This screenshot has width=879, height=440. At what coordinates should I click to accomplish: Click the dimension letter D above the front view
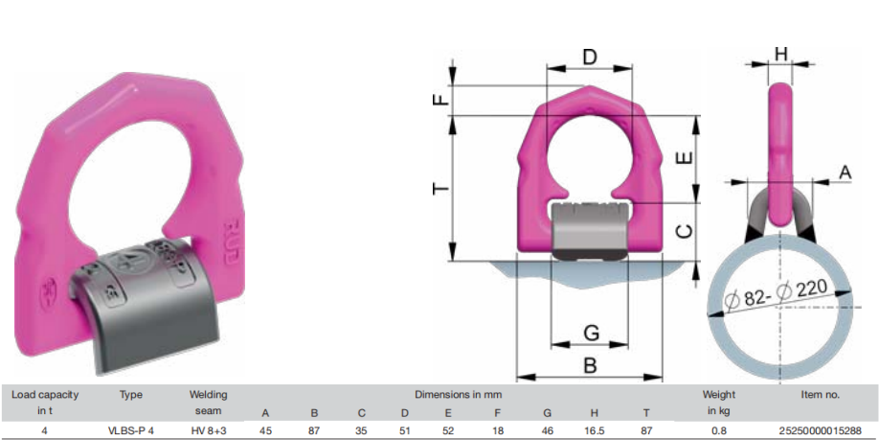(x=590, y=57)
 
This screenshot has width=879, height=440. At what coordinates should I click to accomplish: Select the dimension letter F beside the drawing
(x=441, y=100)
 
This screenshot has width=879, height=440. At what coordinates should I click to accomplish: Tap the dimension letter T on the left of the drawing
(x=441, y=188)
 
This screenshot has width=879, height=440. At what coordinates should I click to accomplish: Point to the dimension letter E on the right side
(x=686, y=159)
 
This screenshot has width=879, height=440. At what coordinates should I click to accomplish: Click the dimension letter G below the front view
(x=592, y=333)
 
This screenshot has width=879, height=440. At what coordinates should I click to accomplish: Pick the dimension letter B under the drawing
(x=590, y=365)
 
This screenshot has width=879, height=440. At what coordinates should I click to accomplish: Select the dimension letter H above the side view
(x=781, y=54)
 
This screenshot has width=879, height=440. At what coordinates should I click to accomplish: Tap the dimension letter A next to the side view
(x=845, y=174)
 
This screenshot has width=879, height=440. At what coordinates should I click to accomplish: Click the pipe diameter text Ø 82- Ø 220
(x=777, y=295)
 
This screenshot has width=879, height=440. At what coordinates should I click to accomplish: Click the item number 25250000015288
(x=821, y=430)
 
